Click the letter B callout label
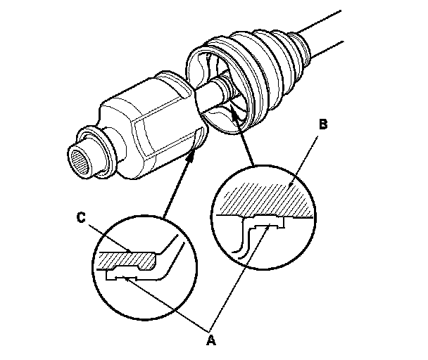point(323,124)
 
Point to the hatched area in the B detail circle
point(266,198)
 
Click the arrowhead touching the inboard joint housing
point(192,156)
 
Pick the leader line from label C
point(109,238)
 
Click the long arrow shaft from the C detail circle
point(177,186)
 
